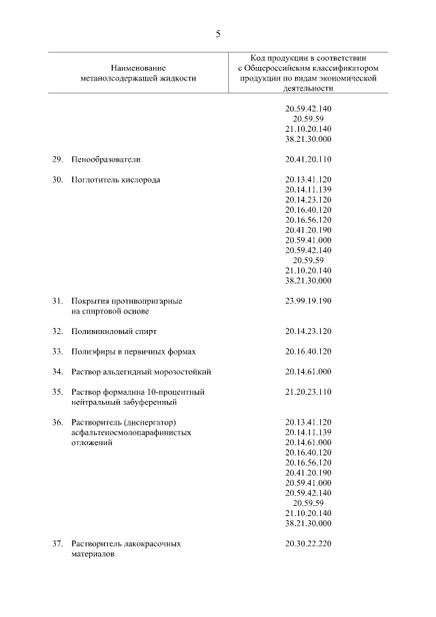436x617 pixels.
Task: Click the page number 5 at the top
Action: coord(218,33)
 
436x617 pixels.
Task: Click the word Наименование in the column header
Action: coord(138,68)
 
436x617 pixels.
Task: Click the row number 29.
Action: coord(57,160)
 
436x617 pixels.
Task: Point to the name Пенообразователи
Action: coord(106,160)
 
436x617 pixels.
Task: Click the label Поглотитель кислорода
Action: coord(116,180)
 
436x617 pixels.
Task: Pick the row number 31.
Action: coord(57,301)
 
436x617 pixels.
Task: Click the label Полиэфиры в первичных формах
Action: coord(134,352)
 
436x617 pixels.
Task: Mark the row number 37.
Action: coord(57,544)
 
